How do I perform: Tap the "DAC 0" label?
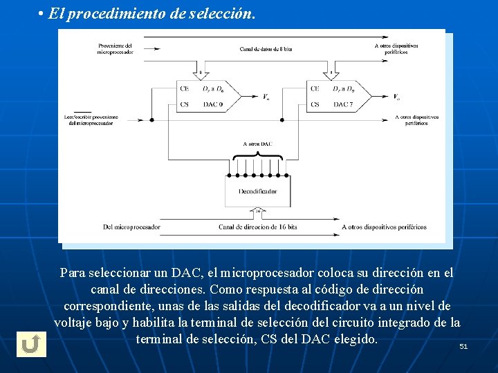[212, 104]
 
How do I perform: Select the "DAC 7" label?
[343, 104]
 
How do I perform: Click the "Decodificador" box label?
[258, 191]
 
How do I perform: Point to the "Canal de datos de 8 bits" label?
[266, 49]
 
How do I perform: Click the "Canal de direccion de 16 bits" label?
[258, 227]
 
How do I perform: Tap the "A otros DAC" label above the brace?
[259, 144]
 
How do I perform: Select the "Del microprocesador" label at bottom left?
[131, 227]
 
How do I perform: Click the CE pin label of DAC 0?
[185, 88]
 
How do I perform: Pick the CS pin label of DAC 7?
[315, 104]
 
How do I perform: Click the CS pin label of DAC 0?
[185, 104]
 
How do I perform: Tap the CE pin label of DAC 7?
[315, 88]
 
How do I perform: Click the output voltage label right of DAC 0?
[266, 97]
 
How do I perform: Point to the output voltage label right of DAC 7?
[396, 97]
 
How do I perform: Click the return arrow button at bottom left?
[30, 344]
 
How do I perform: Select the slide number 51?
[463, 346]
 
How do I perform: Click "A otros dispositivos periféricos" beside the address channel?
[384, 227]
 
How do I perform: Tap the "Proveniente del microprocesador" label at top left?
[115, 49]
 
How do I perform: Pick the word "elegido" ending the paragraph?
[355, 339]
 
